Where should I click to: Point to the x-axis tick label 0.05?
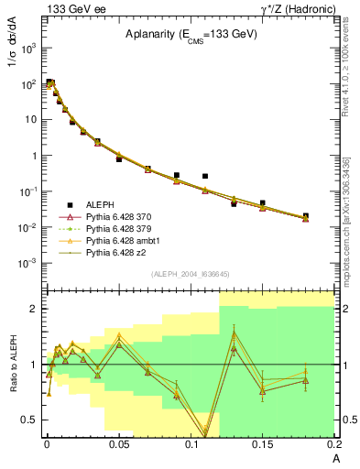click(118, 444)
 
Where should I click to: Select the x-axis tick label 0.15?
click(263, 444)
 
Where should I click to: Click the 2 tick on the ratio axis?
click(34, 309)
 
